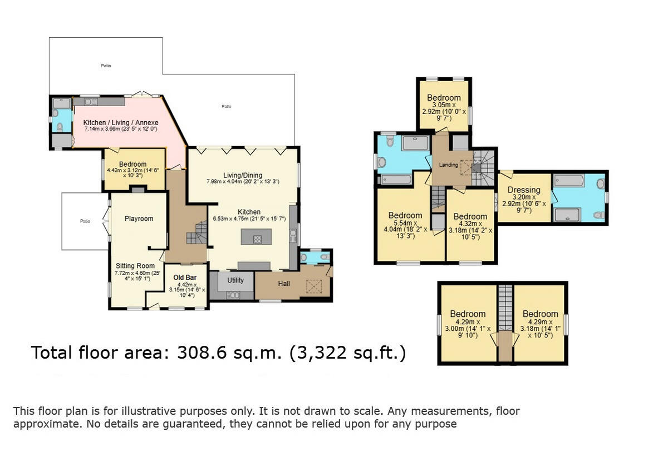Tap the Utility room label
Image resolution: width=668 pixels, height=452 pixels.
point(235,281)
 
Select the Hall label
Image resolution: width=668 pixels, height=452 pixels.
point(284,284)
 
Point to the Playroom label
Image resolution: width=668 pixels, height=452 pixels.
point(139,218)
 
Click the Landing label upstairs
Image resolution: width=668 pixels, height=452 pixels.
point(449,165)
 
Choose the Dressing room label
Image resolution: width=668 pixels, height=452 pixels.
point(524,190)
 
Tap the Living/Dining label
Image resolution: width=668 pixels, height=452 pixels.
point(243,176)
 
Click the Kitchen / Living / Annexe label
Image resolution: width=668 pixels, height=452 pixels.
point(121,123)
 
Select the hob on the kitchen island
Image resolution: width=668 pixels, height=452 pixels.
point(257,239)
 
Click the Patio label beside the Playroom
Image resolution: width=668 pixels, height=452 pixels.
point(85,221)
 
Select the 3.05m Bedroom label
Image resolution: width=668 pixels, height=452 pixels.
point(444,98)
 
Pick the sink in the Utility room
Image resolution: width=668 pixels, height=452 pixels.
point(234,295)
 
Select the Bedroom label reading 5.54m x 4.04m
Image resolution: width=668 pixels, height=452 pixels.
point(405,216)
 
